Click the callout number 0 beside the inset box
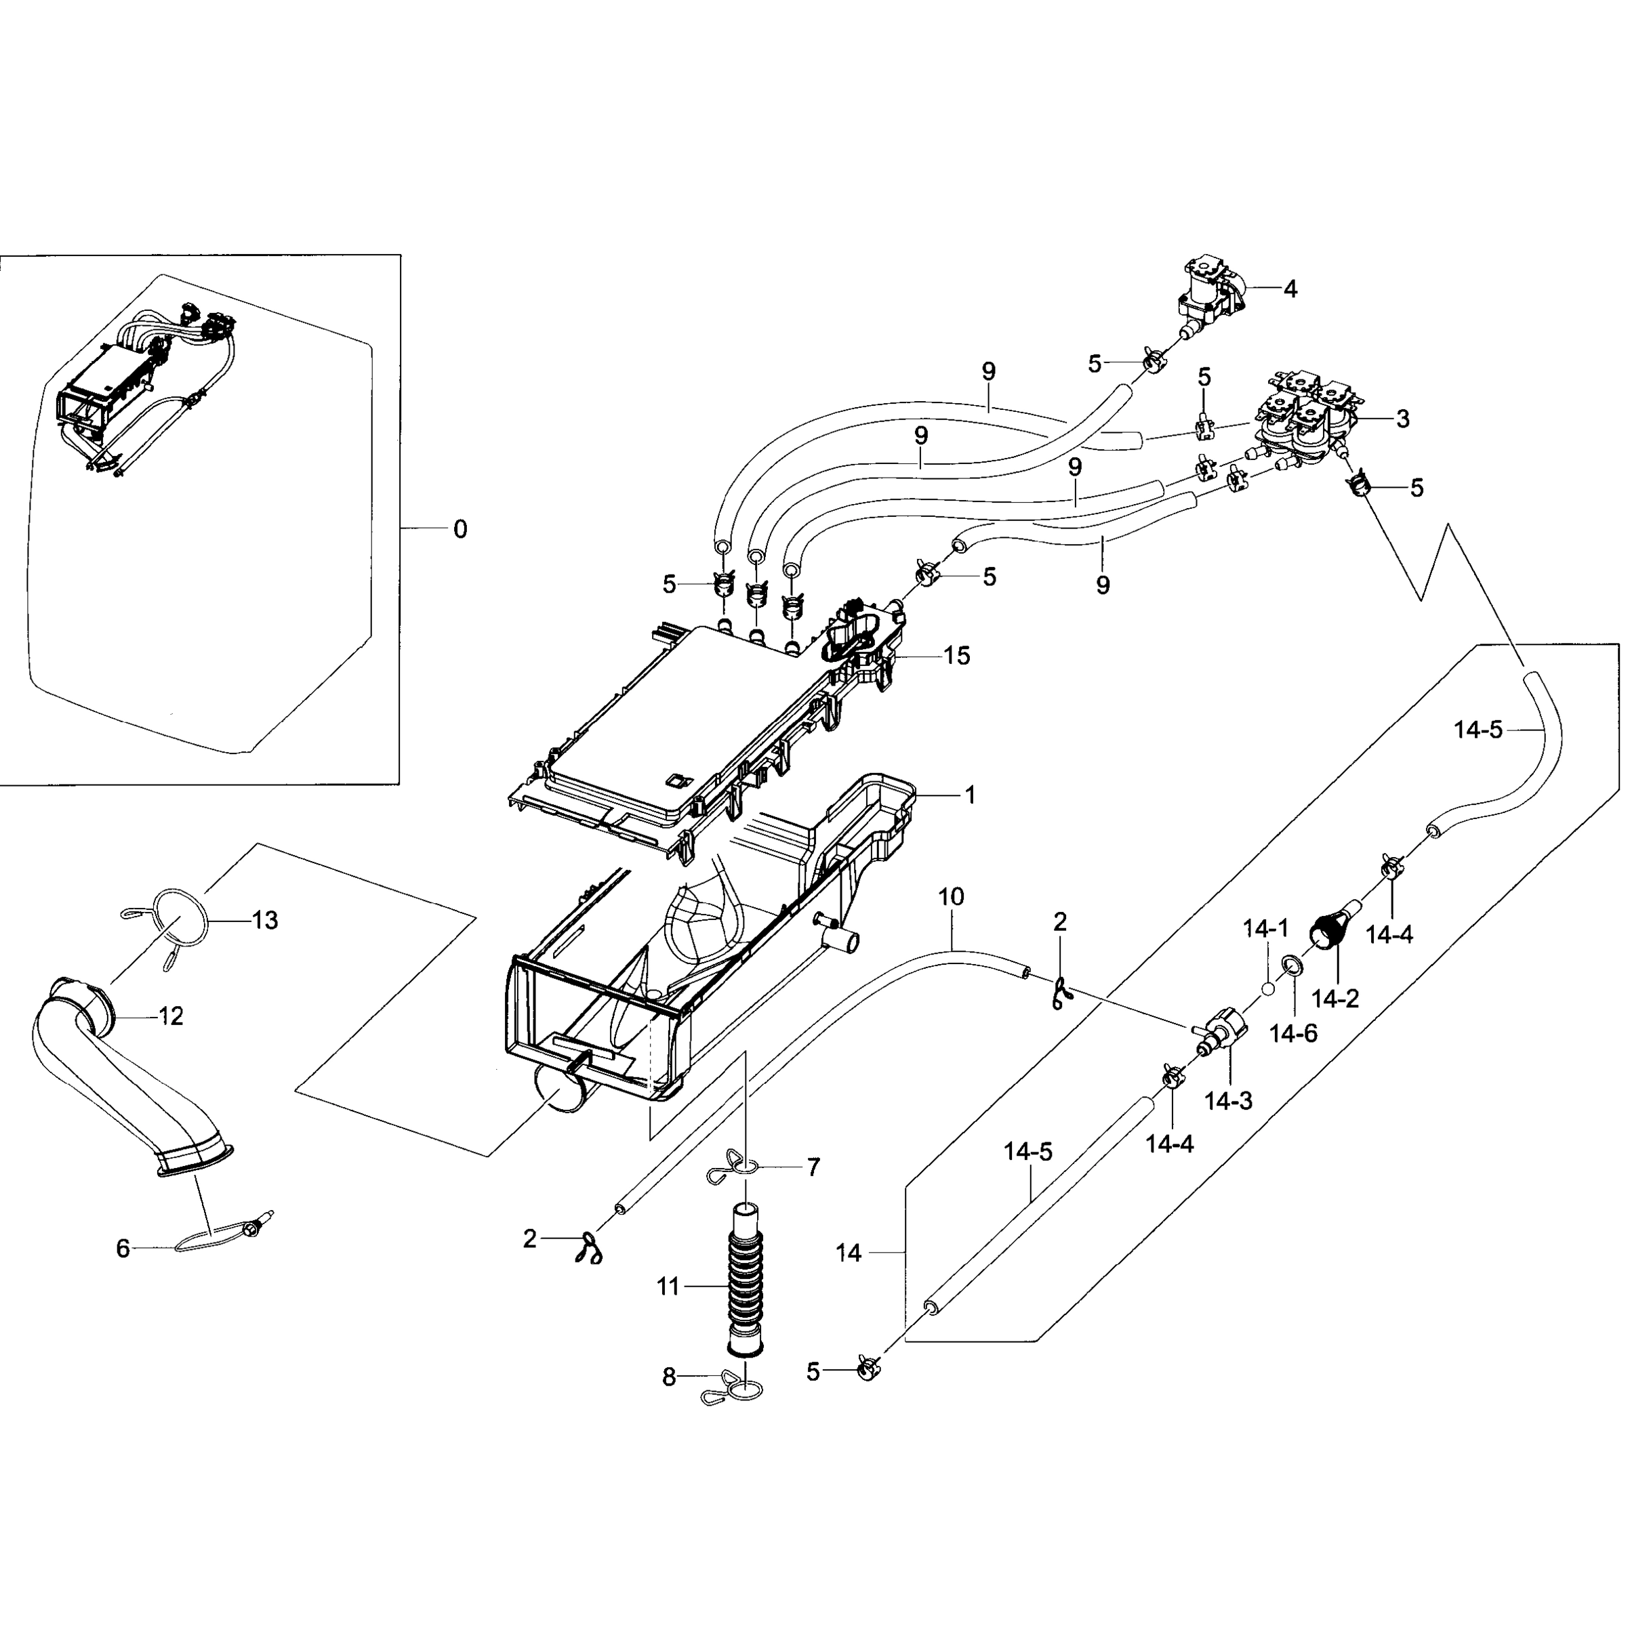click(x=460, y=530)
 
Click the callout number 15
click(x=957, y=655)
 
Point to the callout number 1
click(x=971, y=795)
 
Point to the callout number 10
click(x=951, y=896)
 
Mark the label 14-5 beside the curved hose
click(x=1478, y=730)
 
